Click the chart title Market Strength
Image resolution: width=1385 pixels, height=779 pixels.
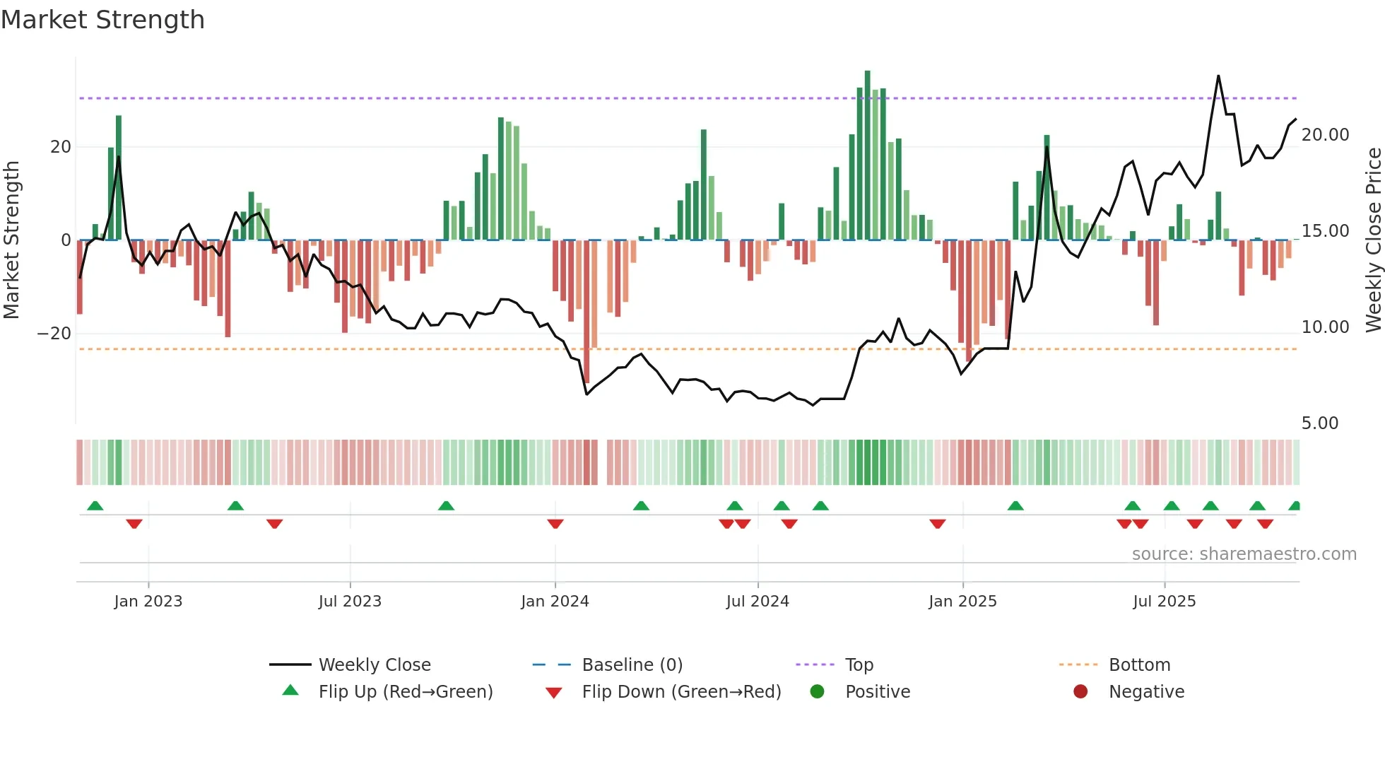(x=102, y=20)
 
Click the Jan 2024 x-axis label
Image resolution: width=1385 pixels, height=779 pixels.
(x=555, y=602)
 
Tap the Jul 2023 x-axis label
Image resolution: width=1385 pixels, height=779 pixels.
(x=350, y=602)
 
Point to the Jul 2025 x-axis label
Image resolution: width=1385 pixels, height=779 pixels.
(x=1164, y=602)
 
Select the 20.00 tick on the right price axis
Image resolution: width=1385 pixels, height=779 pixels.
(x=1325, y=135)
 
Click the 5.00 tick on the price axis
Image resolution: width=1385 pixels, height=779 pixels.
(x=1319, y=423)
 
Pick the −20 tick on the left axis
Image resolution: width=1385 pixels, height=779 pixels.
(x=54, y=334)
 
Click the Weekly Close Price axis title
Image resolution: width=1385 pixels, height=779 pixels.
(x=1373, y=240)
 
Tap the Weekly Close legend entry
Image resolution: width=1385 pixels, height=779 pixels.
(x=374, y=665)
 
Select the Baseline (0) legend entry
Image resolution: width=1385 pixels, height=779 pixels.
(x=632, y=665)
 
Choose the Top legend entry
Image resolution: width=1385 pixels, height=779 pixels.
(x=859, y=665)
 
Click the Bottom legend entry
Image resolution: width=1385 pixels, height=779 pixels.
(x=1139, y=665)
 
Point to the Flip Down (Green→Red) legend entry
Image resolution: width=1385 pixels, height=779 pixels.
(x=681, y=692)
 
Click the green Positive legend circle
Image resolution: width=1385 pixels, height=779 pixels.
(x=818, y=692)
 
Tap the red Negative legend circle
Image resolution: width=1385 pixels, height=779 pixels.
(x=1080, y=692)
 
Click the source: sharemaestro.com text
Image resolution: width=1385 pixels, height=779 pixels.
(x=1244, y=554)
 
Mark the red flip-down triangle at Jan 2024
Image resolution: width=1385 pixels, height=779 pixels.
(x=555, y=524)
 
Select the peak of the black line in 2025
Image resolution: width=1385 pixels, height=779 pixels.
(x=1218, y=76)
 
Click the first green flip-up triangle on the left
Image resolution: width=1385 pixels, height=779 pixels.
(x=95, y=505)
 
